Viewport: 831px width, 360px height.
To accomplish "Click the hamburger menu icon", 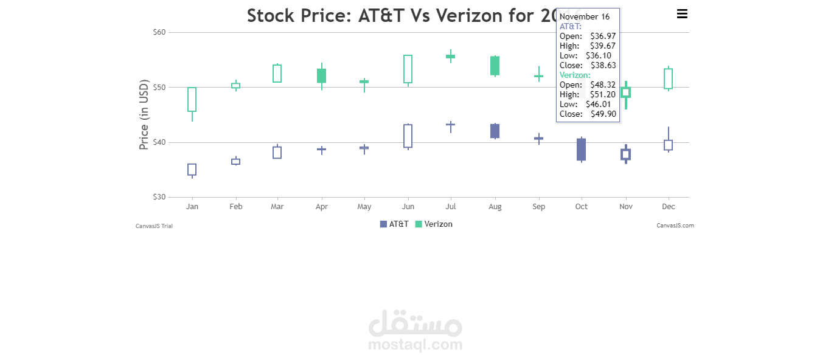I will (682, 14).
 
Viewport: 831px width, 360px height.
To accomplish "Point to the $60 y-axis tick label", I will (159, 32).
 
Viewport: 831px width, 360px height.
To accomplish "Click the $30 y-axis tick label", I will (159, 197).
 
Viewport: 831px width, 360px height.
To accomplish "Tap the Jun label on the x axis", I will (408, 207).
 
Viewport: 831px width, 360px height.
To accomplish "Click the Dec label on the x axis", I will (668, 207).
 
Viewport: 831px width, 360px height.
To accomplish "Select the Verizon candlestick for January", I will (192, 99).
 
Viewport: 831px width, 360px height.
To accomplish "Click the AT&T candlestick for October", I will (582, 150).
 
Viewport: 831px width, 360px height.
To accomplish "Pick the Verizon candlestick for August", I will (495, 66).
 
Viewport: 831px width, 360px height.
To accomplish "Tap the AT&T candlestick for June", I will (408, 136).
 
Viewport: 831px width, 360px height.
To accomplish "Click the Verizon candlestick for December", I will (668, 78).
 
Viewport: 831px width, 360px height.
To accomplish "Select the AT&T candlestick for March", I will (277, 153).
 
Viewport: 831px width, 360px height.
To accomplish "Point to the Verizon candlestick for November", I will (625, 92).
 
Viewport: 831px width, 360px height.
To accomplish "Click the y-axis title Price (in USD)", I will (144, 114).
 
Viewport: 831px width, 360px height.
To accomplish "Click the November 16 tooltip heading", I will (585, 16).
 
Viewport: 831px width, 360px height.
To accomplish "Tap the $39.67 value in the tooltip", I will (603, 46).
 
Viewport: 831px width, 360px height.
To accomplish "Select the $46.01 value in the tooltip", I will (598, 104).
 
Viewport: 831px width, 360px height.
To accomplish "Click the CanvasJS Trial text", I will (154, 226).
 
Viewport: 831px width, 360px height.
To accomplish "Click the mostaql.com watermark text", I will (415, 345).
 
